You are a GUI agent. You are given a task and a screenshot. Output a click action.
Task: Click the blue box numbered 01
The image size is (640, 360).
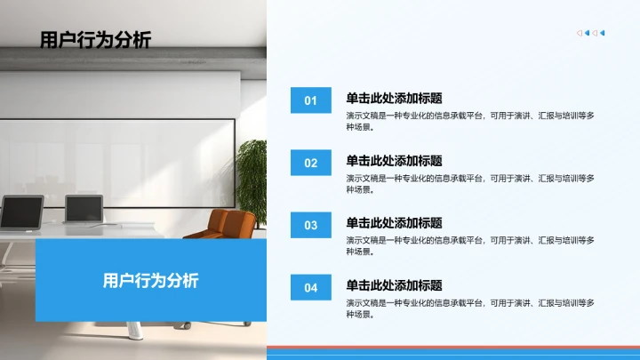click(x=310, y=100)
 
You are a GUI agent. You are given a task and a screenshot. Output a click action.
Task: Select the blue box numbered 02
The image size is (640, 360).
click(x=310, y=163)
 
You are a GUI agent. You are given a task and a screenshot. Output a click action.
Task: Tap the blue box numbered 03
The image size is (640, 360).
click(x=310, y=225)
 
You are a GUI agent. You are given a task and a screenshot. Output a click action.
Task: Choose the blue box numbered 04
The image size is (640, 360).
click(x=310, y=287)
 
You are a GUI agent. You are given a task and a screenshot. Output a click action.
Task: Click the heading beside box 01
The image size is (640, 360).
click(x=394, y=99)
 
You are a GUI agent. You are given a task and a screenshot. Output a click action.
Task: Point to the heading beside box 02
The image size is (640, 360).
click(x=394, y=161)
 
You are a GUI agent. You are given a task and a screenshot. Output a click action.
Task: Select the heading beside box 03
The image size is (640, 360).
click(x=394, y=223)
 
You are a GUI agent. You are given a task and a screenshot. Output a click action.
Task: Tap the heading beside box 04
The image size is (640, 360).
click(x=394, y=285)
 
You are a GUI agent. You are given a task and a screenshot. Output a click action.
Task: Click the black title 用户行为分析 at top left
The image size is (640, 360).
click(x=95, y=39)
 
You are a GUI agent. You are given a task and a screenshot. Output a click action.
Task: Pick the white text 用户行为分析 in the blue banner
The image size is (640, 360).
click(x=151, y=280)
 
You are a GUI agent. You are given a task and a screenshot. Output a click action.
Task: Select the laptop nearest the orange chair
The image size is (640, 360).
click(x=84, y=210)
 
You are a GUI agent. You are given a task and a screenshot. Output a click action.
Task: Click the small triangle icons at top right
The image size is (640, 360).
click(x=591, y=33)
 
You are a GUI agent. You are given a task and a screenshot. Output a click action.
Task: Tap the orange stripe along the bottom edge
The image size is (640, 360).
click(x=453, y=348)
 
